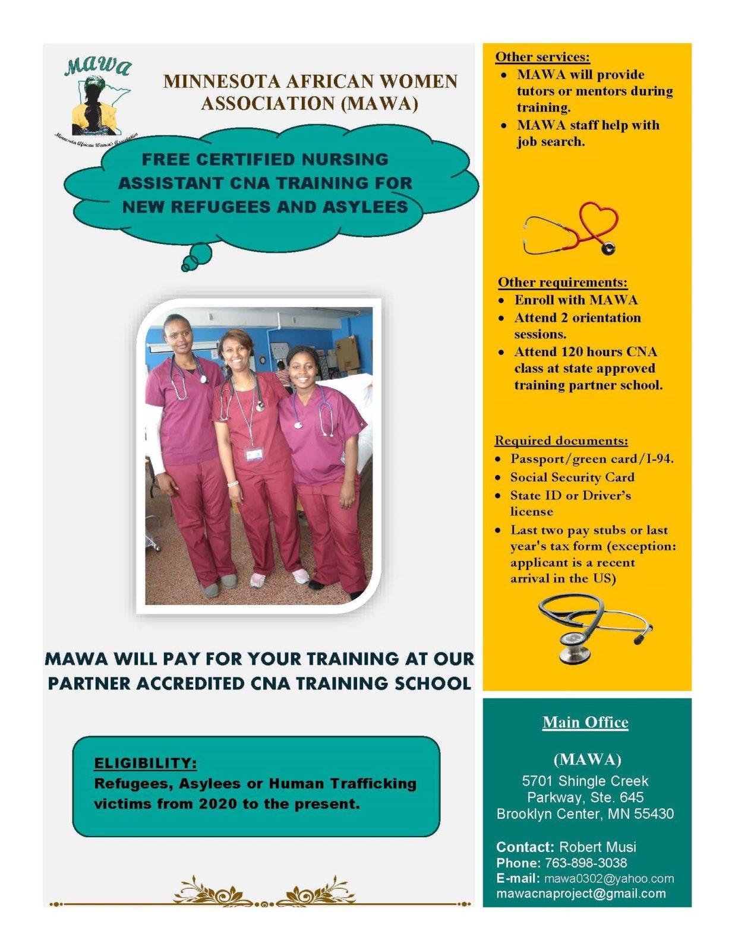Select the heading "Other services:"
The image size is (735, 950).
pos(542,57)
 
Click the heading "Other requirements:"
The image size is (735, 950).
pos(563,283)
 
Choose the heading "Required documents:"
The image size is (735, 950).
pos(561,440)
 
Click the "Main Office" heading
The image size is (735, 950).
pos(585,722)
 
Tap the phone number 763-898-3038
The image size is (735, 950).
pos(586,863)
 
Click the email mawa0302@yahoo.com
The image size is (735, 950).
pos(609,878)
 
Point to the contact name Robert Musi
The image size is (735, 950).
pos(598,847)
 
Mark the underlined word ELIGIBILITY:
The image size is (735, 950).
pos(146,763)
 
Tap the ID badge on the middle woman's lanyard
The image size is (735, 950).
pos(253,454)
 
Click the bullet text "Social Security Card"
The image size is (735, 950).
pos(572,477)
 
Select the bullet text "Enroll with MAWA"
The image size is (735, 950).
pos(576,300)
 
